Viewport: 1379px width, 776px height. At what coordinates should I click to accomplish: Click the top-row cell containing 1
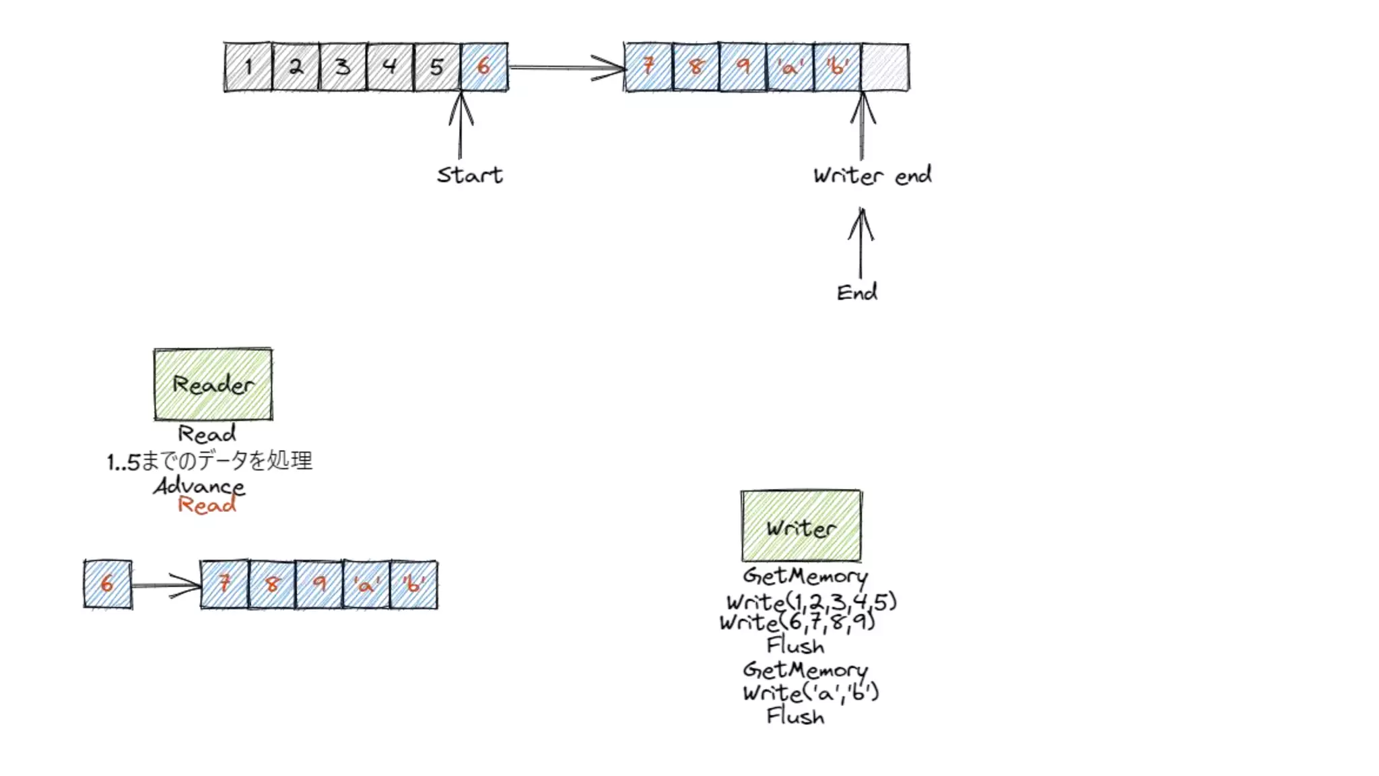[x=248, y=67]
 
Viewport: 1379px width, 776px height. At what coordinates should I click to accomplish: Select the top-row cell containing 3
[x=343, y=67]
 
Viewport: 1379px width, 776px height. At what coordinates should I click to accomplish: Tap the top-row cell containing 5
[x=437, y=67]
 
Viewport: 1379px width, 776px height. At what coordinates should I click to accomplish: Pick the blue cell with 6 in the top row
[x=484, y=67]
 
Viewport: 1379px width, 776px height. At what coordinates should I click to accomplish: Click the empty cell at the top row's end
[x=885, y=67]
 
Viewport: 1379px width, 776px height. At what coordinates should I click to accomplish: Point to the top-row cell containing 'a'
[x=790, y=67]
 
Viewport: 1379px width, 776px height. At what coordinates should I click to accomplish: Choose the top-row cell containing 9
[x=743, y=67]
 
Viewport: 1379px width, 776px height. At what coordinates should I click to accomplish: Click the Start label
[x=469, y=175]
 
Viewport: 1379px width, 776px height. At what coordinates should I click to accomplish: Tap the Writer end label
[x=872, y=176]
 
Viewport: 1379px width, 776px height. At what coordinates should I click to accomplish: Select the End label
[x=856, y=292]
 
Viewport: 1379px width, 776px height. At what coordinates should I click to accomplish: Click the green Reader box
[x=213, y=385]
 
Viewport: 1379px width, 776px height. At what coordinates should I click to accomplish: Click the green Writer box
[x=801, y=526]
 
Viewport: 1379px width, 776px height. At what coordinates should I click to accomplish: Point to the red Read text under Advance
[x=207, y=505]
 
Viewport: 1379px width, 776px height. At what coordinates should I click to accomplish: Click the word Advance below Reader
[x=199, y=486]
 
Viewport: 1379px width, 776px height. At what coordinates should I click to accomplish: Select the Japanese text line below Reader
[x=209, y=461]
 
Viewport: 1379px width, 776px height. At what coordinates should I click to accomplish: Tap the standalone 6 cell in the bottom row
[x=108, y=584]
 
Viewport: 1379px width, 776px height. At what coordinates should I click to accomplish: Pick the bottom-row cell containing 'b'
[x=413, y=585]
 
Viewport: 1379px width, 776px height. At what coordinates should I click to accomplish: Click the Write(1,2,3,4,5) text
[x=811, y=601]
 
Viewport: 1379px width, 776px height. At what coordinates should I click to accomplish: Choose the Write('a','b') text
[x=811, y=692]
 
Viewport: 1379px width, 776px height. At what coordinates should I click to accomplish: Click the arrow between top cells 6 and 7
[x=566, y=67]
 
